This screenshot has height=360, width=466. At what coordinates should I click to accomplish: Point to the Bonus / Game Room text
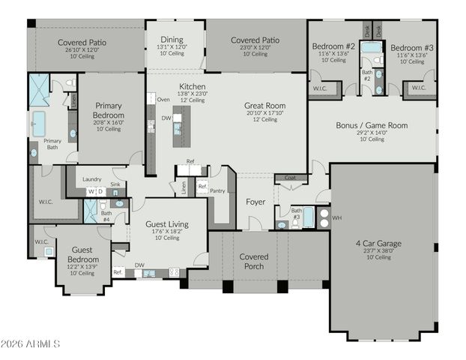[372, 125]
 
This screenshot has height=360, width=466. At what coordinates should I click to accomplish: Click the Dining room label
[172, 39]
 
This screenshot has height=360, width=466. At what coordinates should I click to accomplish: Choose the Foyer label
[256, 201]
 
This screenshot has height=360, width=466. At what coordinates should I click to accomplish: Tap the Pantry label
[218, 191]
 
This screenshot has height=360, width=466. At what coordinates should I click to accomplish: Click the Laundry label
[92, 178]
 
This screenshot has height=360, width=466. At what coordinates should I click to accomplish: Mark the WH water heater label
[337, 217]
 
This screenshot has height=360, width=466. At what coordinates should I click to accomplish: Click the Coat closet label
[289, 178]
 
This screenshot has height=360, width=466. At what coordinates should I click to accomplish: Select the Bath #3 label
[297, 214]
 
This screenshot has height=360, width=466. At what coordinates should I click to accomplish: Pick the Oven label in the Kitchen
[163, 99]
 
